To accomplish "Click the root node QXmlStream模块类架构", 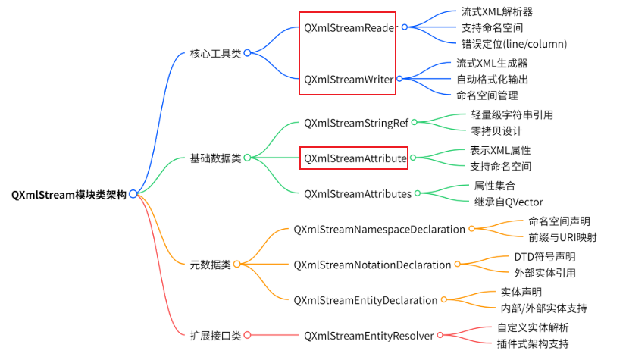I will coord(68,194).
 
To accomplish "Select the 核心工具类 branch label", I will coord(215,53).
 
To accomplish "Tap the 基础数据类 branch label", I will coord(215,158).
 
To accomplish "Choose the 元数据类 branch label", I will coord(210,264).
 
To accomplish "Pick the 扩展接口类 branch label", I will coord(215,334).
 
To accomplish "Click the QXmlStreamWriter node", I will coord(349,78).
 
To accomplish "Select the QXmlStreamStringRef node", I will coord(356,122).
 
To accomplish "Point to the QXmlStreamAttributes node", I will coord(358,193).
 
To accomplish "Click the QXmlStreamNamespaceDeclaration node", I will coord(379,229).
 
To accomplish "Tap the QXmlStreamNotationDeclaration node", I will coord(372,265).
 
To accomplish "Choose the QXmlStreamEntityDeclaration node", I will coord(365,300).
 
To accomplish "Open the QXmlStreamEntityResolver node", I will coord(368,335).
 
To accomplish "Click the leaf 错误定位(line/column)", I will coord(514,43).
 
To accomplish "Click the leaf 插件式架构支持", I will coord(533,343).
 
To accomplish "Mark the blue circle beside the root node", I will coord(133,194).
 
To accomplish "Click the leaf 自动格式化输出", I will coord(492,79).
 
